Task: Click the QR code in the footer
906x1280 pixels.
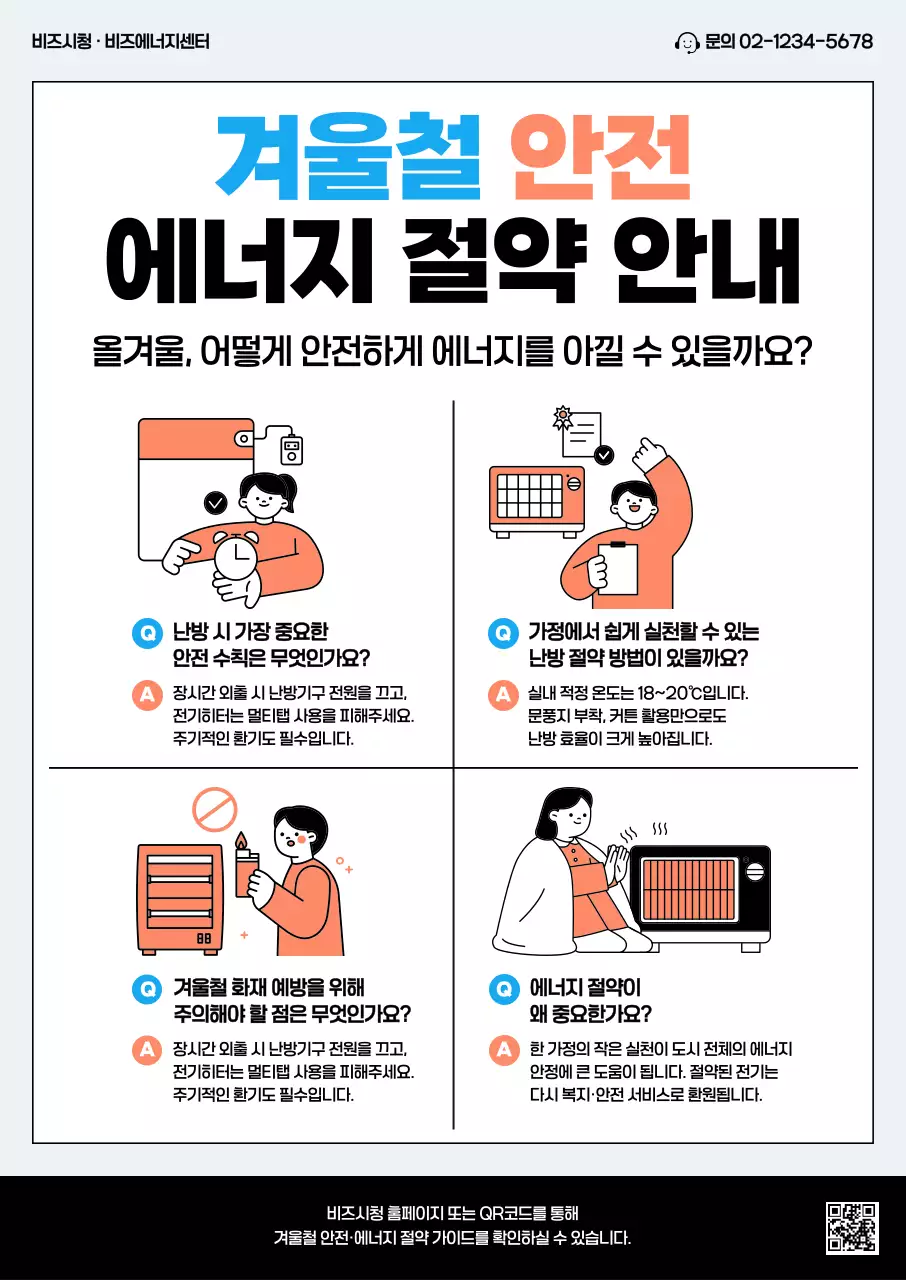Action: (x=851, y=1228)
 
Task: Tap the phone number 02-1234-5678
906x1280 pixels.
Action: (x=805, y=42)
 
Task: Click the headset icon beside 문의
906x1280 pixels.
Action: (x=687, y=42)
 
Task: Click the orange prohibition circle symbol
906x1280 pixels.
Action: (x=214, y=809)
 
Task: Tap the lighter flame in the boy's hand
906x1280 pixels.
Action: (x=240, y=841)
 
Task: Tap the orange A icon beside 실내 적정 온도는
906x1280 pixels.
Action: (x=501, y=694)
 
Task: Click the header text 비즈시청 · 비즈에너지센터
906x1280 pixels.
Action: (x=121, y=42)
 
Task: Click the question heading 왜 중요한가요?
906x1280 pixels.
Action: (x=590, y=1014)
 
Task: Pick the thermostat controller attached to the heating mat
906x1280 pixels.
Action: (x=291, y=449)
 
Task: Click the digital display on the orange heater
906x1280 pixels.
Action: (x=203, y=939)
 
